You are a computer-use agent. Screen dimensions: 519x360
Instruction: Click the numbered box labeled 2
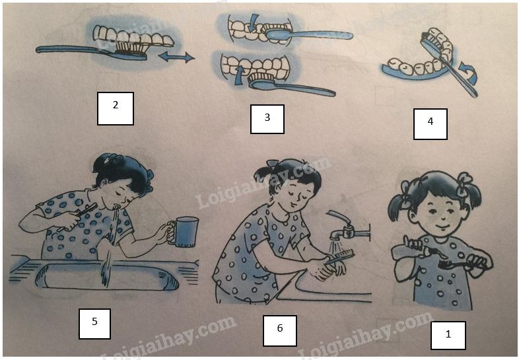click(116, 108)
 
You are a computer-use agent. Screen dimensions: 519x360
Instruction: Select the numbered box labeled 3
click(267, 119)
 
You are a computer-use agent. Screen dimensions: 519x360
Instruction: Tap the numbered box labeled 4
click(431, 124)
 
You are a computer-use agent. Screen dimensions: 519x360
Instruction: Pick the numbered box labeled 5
click(94, 324)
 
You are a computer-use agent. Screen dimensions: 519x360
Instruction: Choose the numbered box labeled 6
click(280, 330)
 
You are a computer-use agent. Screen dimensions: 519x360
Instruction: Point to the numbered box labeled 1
click(448, 335)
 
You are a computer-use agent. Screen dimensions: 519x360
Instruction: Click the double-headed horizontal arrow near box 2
click(176, 57)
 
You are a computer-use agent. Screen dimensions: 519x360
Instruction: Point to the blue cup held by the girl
click(184, 232)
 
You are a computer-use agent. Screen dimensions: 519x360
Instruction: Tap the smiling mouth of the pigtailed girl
click(442, 227)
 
